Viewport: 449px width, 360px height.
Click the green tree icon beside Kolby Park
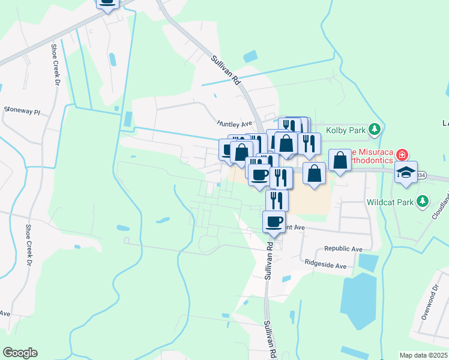(x=375, y=128)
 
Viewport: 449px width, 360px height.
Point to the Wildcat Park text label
(x=391, y=202)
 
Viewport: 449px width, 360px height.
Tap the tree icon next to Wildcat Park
(x=424, y=200)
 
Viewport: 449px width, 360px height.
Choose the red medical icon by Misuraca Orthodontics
(x=401, y=154)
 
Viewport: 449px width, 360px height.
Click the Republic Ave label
(x=343, y=248)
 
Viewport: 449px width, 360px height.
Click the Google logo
(x=20, y=353)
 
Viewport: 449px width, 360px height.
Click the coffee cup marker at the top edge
(x=107, y=3)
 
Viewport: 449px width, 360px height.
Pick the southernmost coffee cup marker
(x=274, y=222)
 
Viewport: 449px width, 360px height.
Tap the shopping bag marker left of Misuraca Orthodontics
(x=340, y=161)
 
